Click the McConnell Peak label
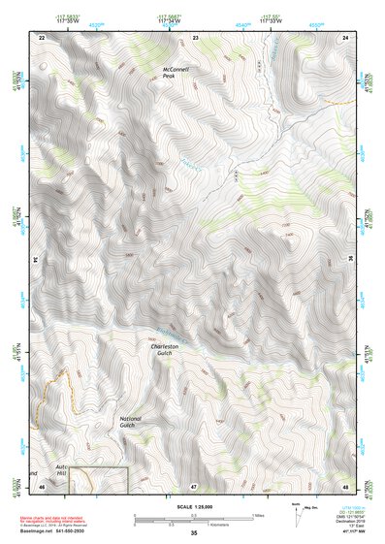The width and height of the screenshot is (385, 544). point(177,76)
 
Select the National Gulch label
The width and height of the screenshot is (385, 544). point(131,422)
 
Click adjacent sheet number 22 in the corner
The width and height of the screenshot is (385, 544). point(41,36)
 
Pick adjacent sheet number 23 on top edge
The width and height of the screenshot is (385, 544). point(195,36)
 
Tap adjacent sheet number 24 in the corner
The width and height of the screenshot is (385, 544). point(346,36)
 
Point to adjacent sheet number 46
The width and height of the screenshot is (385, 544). point(41,484)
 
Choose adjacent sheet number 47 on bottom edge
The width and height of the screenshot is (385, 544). point(194,484)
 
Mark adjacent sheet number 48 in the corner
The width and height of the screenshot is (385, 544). point(346,484)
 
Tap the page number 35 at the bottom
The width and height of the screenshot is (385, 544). point(193,533)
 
